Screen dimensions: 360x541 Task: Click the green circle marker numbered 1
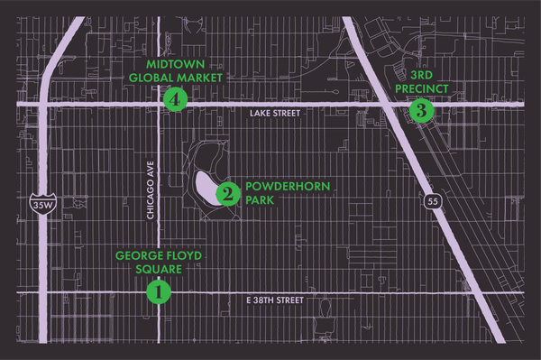pos(159,292)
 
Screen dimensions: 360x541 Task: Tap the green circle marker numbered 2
pos(228,192)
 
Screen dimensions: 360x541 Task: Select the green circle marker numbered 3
pos(421,111)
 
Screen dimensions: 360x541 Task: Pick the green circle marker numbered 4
pos(175,99)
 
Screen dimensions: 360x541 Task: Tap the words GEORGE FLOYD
pos(160,255)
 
